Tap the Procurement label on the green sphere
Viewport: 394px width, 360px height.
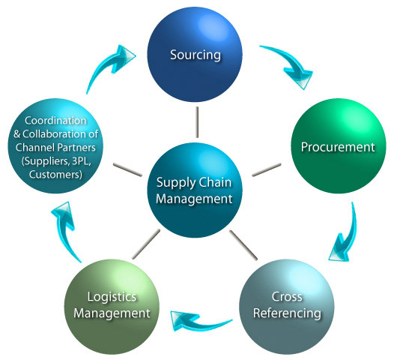[338, 146]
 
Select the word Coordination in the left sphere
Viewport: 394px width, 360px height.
[55, 120]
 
